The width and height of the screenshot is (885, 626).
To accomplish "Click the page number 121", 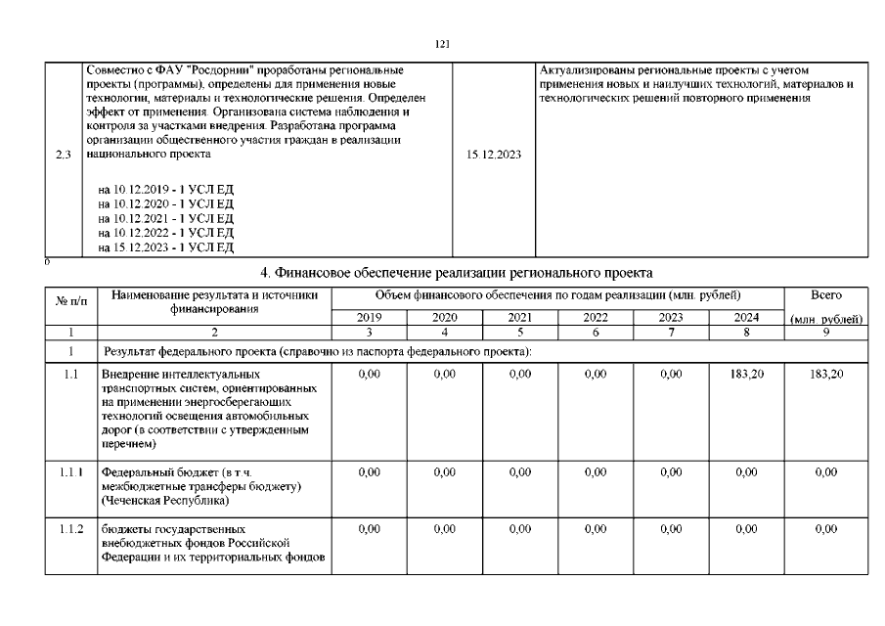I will (442, 44).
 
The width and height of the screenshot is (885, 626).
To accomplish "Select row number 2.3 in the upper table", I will (65, 155).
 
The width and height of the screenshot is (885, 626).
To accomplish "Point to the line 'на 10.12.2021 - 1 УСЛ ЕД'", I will (166, 218).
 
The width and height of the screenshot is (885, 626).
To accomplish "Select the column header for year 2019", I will (369, 318).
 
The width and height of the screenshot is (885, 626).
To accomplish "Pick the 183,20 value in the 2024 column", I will (746, 375).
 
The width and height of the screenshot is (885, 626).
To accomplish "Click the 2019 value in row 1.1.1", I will (369, 472).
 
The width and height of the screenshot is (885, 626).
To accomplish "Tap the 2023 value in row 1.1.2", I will (671, 529).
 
